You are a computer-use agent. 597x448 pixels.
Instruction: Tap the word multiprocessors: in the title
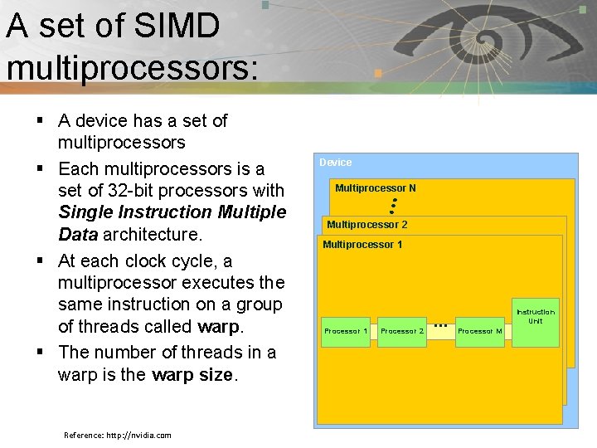(132, 66)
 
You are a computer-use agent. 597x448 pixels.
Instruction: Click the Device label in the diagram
(336, 163)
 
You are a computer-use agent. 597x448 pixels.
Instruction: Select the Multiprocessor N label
(376, 188)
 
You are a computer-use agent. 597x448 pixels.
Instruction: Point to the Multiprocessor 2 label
(367, 225)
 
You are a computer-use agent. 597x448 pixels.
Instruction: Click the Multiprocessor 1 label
(362, 245)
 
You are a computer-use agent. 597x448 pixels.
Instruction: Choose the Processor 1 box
(347, 331)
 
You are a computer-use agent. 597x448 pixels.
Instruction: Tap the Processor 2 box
(402, 331)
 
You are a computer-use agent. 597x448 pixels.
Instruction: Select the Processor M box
(480, 331)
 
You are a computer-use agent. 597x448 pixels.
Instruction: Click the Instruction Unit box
(536, 317)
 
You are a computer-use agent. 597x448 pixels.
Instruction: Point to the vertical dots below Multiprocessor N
(393, 206)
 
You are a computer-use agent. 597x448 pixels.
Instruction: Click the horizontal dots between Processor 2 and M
(440, 324)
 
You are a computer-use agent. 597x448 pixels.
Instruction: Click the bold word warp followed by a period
(219, 326)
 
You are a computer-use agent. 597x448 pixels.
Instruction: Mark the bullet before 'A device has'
(39, 121)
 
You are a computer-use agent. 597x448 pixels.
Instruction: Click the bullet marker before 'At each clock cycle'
(39, 261)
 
